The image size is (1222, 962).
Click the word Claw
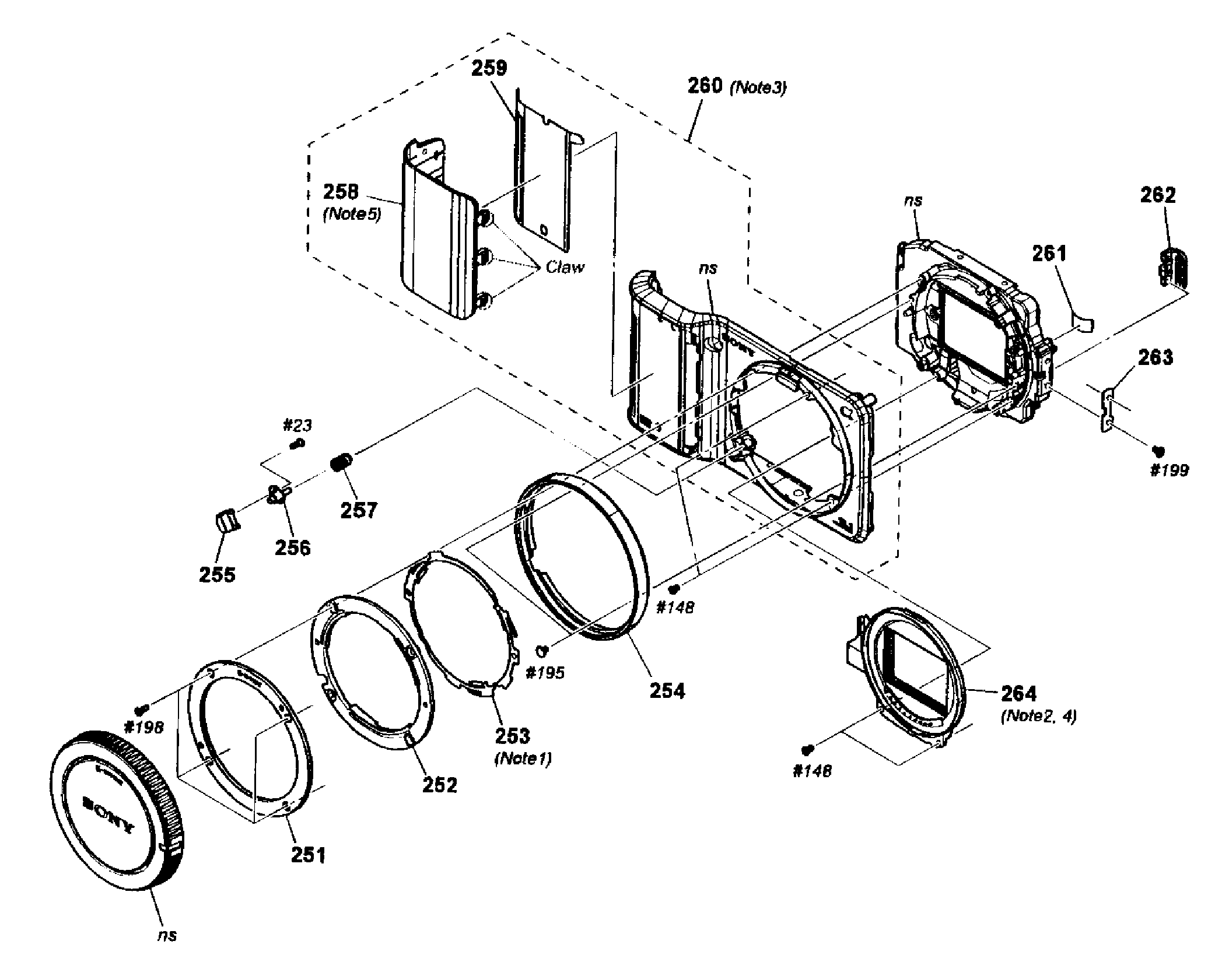point(565,267)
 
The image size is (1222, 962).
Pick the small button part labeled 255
point(225,519)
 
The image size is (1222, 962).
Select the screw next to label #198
point(140,709)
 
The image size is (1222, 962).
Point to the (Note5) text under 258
point(352,215)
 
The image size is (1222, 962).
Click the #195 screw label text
point(545,673)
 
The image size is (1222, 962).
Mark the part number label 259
point(489,68)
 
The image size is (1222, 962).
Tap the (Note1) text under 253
point(523,759)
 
